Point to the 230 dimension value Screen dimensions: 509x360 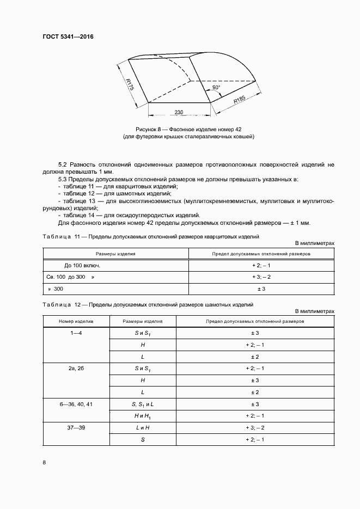coord(179,112)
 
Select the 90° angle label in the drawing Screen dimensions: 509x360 coord(216,88)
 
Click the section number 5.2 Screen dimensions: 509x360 coord(62,164)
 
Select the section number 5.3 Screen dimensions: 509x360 coord(62,179)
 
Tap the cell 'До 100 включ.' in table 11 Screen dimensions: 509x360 coord(82,265)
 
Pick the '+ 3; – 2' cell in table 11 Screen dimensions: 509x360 coord(261,277)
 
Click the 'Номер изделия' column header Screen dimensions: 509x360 coord(76,322)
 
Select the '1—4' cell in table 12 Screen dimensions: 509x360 coord(76,333)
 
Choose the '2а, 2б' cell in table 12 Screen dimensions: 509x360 coord(76,369)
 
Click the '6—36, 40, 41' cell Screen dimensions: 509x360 coord(76,404)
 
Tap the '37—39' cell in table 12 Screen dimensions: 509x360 coord(76,428)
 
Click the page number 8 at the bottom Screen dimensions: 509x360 coord(44,463)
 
